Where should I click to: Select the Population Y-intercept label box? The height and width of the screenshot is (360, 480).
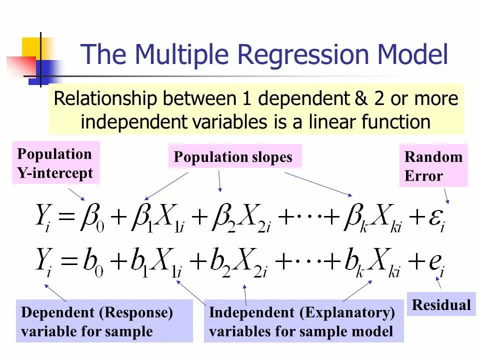coord(55,163)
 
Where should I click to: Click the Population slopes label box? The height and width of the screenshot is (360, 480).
coord(233,157)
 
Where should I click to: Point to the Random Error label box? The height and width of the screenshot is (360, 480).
coord(433,166)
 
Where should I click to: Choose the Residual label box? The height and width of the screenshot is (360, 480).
coord(441,304)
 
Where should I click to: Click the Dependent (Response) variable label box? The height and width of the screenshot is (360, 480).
coord(104,321)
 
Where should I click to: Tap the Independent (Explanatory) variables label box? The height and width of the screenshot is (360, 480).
coord(303,321)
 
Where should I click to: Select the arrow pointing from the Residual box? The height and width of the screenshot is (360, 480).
coord(439,282)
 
